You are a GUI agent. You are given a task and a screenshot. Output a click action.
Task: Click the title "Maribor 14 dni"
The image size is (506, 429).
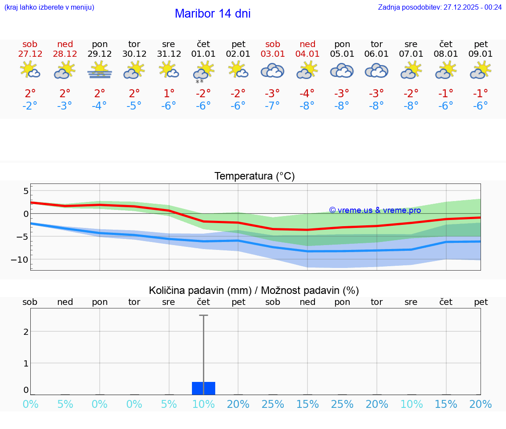tap(213, 14)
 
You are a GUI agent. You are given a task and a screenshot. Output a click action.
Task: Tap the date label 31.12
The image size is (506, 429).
tap(169, 54)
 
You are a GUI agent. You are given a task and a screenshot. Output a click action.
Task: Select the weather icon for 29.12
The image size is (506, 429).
tap(100, 70)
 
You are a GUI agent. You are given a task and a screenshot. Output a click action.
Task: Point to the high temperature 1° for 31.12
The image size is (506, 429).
tap(169, 94)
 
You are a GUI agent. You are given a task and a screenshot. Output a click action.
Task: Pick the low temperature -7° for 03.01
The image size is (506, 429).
tap(273, 106)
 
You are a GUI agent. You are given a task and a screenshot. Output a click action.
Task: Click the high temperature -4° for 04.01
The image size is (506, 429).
tap(307, 94)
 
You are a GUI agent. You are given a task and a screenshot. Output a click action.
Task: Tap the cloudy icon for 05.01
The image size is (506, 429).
tap(342, 70)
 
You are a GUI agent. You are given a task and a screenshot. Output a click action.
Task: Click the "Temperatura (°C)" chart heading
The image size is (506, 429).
tap(254, 176)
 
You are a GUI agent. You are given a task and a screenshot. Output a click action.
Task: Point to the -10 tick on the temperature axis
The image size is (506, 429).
tap(20, 260)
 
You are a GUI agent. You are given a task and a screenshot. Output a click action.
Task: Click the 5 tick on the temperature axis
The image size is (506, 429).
tap(25, 191)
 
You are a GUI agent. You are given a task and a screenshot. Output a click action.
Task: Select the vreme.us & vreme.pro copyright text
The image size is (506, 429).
tap(375, 210)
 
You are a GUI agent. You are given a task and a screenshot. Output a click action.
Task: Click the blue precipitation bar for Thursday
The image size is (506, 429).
tap(203, 388)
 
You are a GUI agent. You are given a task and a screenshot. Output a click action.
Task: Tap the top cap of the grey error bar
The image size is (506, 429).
tap(203, 315)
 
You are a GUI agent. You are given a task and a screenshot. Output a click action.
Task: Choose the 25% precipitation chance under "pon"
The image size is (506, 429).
tap(342, 404)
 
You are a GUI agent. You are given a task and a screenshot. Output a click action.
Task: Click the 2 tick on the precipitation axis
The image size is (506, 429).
tap(26, 331)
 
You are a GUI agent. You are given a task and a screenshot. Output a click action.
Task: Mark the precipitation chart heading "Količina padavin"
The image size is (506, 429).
tap(254, 290)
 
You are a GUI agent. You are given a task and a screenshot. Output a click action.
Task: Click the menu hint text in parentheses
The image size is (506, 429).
tap(49, 7)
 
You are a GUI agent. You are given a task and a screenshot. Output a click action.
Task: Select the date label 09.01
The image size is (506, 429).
tap(481, 54)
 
